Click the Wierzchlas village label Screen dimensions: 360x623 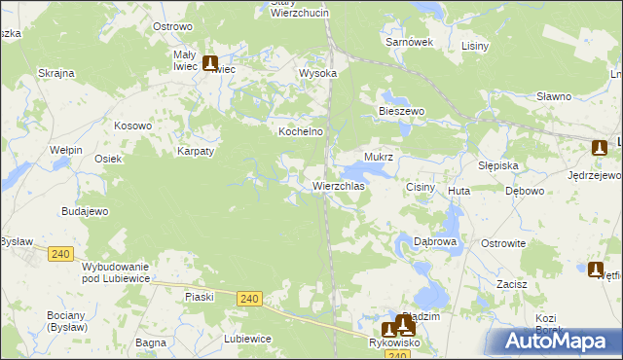(339, 185)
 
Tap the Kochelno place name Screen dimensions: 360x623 (301, 130)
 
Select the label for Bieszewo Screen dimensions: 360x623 (402, 112)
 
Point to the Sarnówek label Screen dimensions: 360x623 (408, 43)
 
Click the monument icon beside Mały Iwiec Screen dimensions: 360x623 (211, 64)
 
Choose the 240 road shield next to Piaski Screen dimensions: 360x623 (248, 299)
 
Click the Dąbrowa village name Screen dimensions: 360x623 (435, 240)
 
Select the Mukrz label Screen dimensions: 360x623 (378, 156)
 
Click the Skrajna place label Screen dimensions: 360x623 (56, 73)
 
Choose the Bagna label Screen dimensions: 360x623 (150, 342)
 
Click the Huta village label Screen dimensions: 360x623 (458, 192)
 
